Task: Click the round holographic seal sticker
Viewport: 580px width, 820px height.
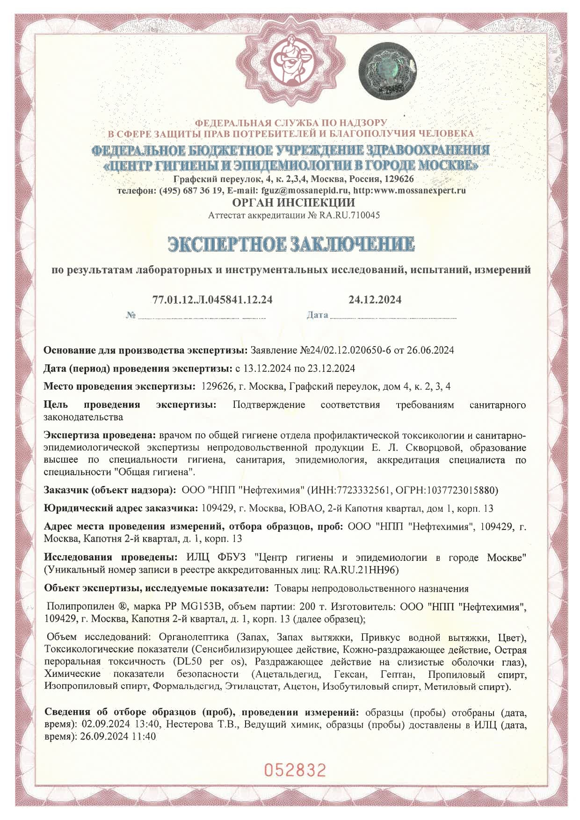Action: [x=387, y=70]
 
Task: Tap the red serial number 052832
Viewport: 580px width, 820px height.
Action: [x=295, y=769]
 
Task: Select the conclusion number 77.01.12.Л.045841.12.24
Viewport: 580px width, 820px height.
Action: [x=212, y=299]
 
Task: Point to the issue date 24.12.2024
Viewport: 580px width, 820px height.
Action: [x=375, y=299]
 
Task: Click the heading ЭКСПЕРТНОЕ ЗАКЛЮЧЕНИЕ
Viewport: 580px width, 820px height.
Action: [x=291, y=244]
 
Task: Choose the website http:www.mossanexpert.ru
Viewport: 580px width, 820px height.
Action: [x=409, y=190]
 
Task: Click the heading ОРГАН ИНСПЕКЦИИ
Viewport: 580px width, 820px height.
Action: [x=293, y=203]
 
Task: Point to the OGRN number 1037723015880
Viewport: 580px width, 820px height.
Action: [x=460, y=490]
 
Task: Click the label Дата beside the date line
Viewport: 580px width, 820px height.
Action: [x=317, y=315]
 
